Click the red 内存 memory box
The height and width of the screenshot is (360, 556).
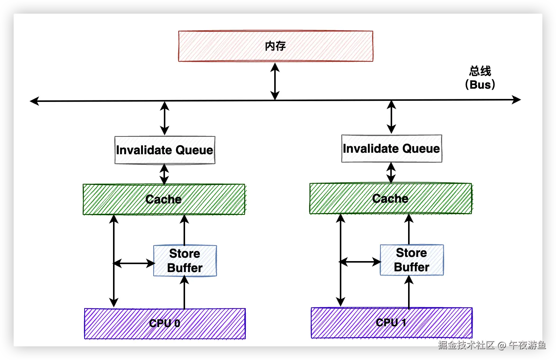(275, 46)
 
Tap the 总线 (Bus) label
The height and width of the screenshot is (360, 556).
(480, 78)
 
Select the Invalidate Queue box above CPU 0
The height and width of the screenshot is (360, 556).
(165, 150)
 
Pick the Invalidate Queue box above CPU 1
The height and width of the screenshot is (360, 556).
(392, 149)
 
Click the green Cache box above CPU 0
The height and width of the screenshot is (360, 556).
(164, 199)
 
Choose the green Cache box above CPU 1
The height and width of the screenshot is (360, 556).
(391, 198)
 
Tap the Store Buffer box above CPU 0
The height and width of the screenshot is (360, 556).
(185, 261)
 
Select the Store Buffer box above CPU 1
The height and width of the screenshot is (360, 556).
(412, 260)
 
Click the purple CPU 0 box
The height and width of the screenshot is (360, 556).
(165, 324)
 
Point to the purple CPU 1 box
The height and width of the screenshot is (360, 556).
(392, 323)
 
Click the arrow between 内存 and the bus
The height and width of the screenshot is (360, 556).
(275, 81)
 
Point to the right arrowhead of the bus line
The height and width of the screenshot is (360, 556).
(516, 100)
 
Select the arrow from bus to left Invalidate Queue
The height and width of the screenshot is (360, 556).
(165, 118)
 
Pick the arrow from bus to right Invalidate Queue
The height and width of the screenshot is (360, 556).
(391, 117)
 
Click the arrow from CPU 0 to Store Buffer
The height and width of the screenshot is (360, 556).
(184, 293)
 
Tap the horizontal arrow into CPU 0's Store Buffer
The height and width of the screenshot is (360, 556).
(134, 263)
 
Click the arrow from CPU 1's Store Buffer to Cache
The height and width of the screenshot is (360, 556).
(409, 229)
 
